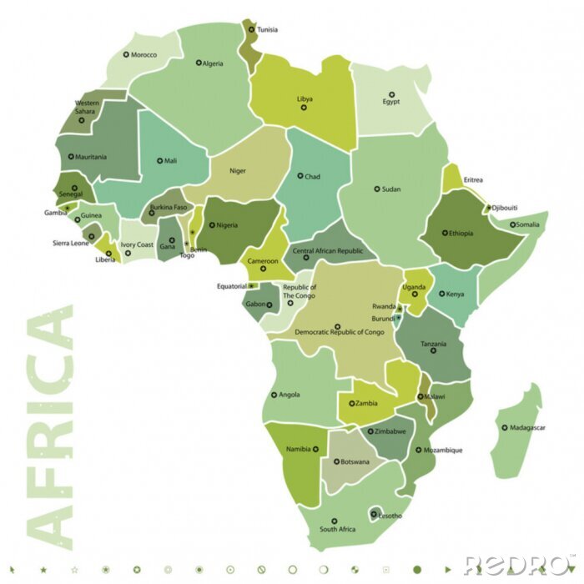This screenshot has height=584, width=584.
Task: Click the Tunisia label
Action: [267, 30]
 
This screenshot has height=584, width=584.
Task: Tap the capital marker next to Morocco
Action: [127, 54]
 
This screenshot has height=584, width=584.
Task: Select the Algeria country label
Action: [214, 63]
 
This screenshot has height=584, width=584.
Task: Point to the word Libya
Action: [305, 99]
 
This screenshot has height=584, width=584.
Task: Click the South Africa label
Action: [337, 530]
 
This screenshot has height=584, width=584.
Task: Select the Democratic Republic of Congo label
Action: [340, 332]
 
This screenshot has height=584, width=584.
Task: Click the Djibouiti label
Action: [505, 207]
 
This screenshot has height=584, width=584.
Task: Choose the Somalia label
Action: [527, 224]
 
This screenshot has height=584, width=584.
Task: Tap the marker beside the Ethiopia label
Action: [446, 233]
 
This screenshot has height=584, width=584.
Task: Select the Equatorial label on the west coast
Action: [232, 286]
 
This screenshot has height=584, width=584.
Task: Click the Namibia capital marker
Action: [316, 449]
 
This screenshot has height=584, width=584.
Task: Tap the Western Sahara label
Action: [85, 107]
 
